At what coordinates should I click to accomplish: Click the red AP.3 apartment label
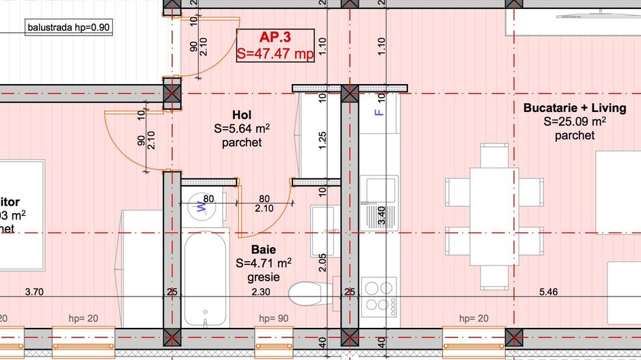(275, 38)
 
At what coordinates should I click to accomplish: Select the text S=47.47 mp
(275, 54)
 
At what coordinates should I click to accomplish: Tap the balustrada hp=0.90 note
(68, 28)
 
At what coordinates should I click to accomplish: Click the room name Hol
(242, 114)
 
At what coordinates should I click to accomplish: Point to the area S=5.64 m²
(242, 128)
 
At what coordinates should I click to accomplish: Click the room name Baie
(263, 249)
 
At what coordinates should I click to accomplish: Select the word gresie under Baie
(263, 277)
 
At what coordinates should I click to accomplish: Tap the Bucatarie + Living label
(574, 108)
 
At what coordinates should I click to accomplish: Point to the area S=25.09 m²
(574, 122)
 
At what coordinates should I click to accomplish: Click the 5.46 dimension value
(548, 292)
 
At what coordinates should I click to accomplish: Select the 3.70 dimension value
(34, 292)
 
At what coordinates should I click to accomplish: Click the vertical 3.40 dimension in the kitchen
(382, 215)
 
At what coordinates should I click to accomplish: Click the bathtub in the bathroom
(206, 277)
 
